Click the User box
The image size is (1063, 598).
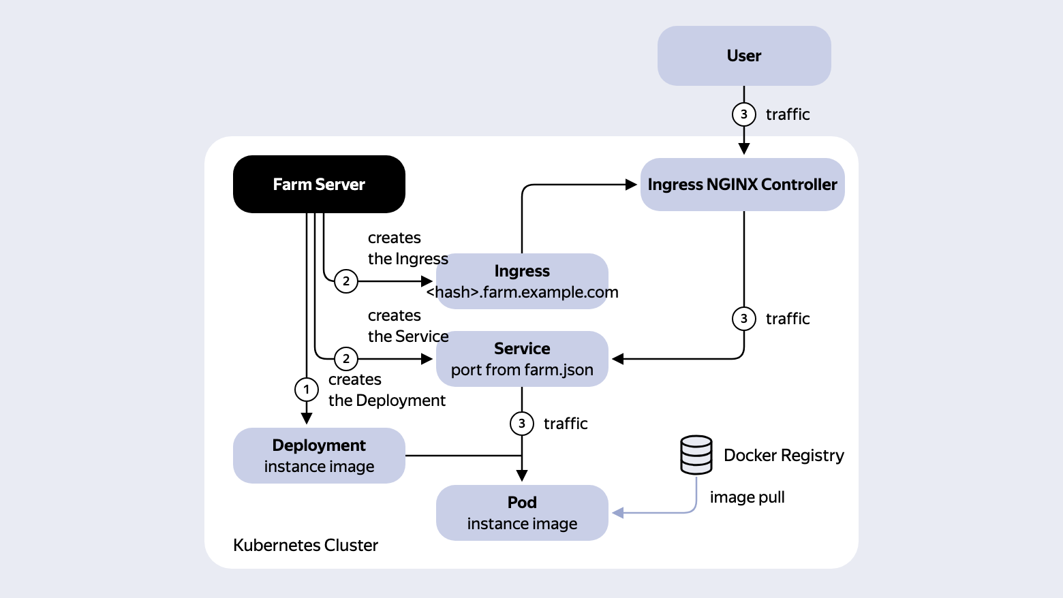(x=743, y=55)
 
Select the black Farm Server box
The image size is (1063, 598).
(x=319, y=184)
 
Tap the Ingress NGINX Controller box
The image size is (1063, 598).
(x=742, y=185)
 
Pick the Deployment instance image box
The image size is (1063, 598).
(x=319, y=456)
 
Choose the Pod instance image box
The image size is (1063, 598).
(x=522, y=513)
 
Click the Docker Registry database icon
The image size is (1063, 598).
(x=696, y=455)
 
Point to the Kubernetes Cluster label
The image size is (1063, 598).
(x=305, y=546)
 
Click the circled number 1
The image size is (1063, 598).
(x=306, y=390)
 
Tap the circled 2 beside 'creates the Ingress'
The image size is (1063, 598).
(x=346, y=281)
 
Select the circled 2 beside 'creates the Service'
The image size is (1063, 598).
(x=346, y=359)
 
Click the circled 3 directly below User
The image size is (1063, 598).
(x=743, y=114)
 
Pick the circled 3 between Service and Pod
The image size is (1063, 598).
(x=521, y=424)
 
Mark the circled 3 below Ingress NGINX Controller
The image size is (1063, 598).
(x=743, y=319)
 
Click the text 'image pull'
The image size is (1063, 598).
(x=747, y=497)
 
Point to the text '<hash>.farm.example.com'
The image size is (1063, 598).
(x=522, y=292)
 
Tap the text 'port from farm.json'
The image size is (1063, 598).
(x=522, y=370)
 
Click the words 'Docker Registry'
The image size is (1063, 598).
(x=784, y=455)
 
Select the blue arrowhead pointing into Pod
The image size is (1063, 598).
(x=617, y=513)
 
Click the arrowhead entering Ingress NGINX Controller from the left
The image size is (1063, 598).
(x=631, y=185)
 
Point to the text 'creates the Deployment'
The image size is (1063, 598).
(x=387, y=390)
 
